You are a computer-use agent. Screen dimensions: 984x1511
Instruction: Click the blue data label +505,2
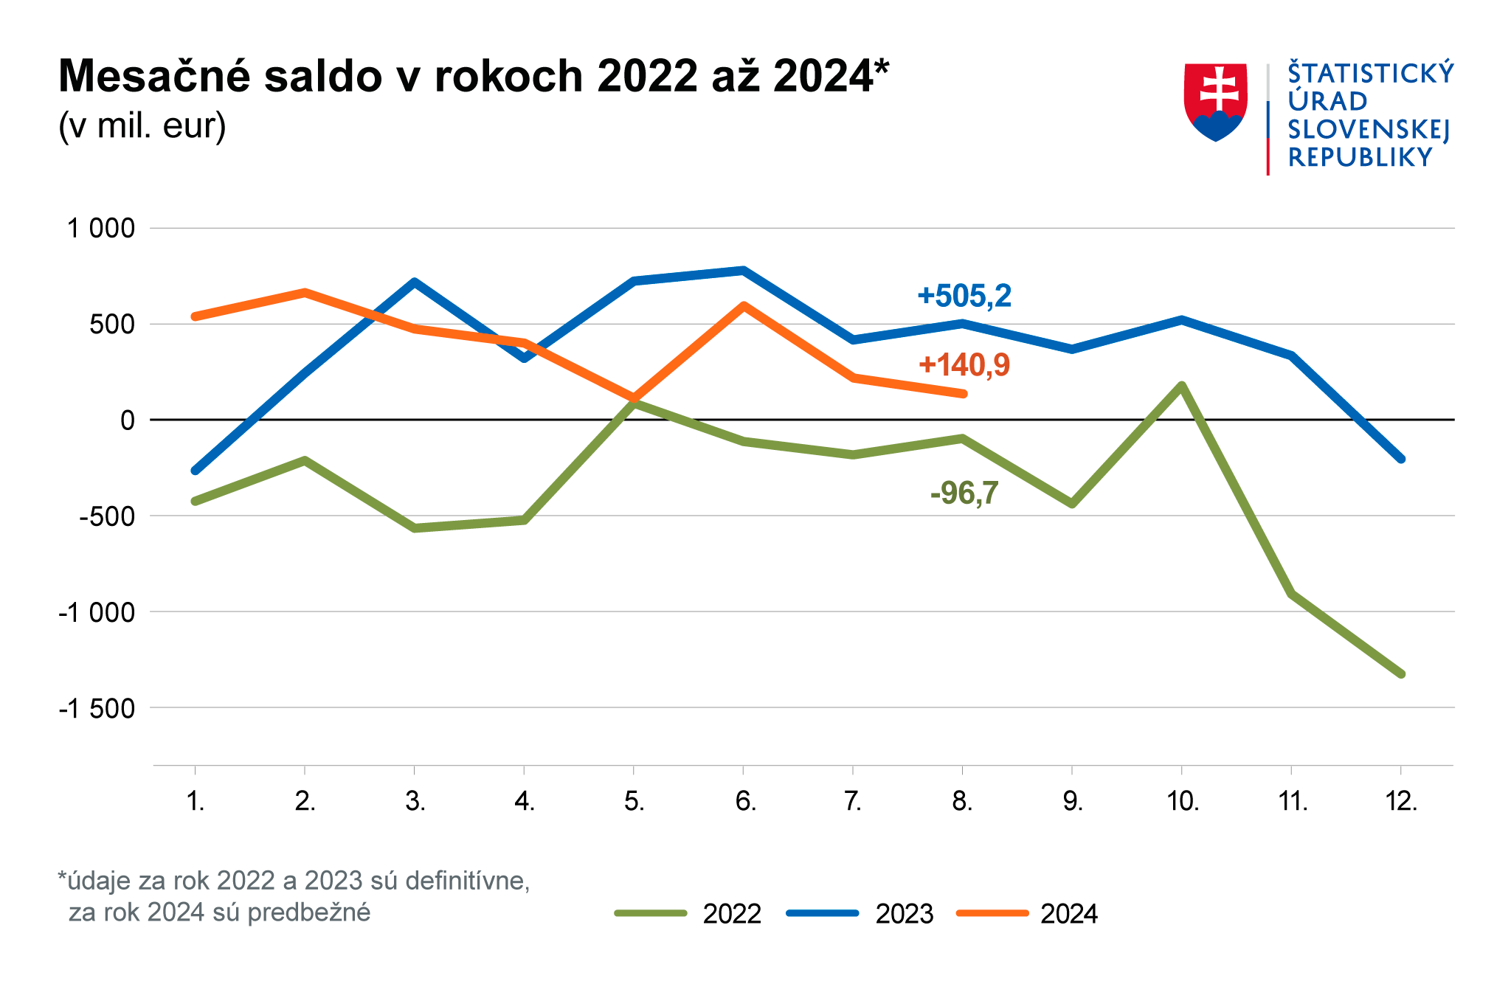click(964, 296)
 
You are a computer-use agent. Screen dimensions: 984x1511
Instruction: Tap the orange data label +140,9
click(964, 365)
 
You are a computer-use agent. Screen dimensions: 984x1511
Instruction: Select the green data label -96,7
click(964, 493)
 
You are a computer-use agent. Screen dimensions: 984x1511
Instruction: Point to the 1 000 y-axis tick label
click(101, 229)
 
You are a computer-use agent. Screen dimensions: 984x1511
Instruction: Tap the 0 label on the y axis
click(128, 420)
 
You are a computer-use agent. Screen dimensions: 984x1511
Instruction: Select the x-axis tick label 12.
click(1401, 801)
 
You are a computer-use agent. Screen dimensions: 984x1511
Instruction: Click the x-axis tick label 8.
click(962, 801)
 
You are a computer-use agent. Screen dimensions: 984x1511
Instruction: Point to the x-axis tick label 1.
click(195, 801)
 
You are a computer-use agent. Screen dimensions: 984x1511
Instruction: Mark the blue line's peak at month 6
click(743, 270)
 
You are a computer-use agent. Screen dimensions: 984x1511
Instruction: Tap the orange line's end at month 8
click(963, 394)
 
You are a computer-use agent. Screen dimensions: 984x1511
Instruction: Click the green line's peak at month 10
click(1182, 385)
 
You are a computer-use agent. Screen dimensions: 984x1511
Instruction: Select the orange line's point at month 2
click(305, 292)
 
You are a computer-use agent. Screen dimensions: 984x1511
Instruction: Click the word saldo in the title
click(326, 76)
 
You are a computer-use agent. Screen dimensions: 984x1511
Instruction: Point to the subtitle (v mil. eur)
click(142, 126)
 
